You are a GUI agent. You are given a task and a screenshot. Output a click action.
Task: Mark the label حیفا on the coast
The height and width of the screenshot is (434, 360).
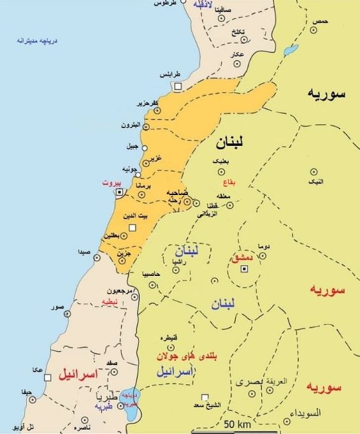tap(25, 391)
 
